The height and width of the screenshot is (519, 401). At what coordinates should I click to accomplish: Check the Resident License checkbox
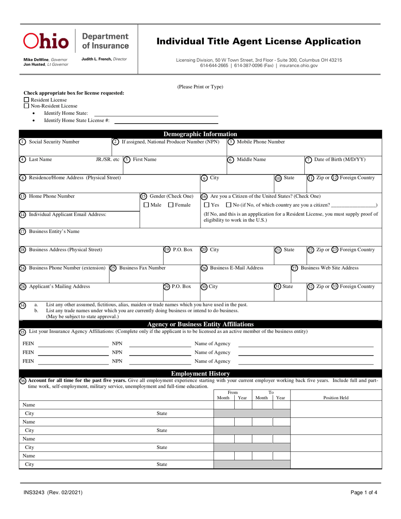click(27, 100)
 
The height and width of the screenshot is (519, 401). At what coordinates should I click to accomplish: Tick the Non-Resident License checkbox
click(27, 106)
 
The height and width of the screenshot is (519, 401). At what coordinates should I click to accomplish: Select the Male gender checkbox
click(146, 205)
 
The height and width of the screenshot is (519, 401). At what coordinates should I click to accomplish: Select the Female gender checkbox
click(171, 205)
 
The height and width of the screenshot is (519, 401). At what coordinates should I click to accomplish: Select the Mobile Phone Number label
click(260, 142)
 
